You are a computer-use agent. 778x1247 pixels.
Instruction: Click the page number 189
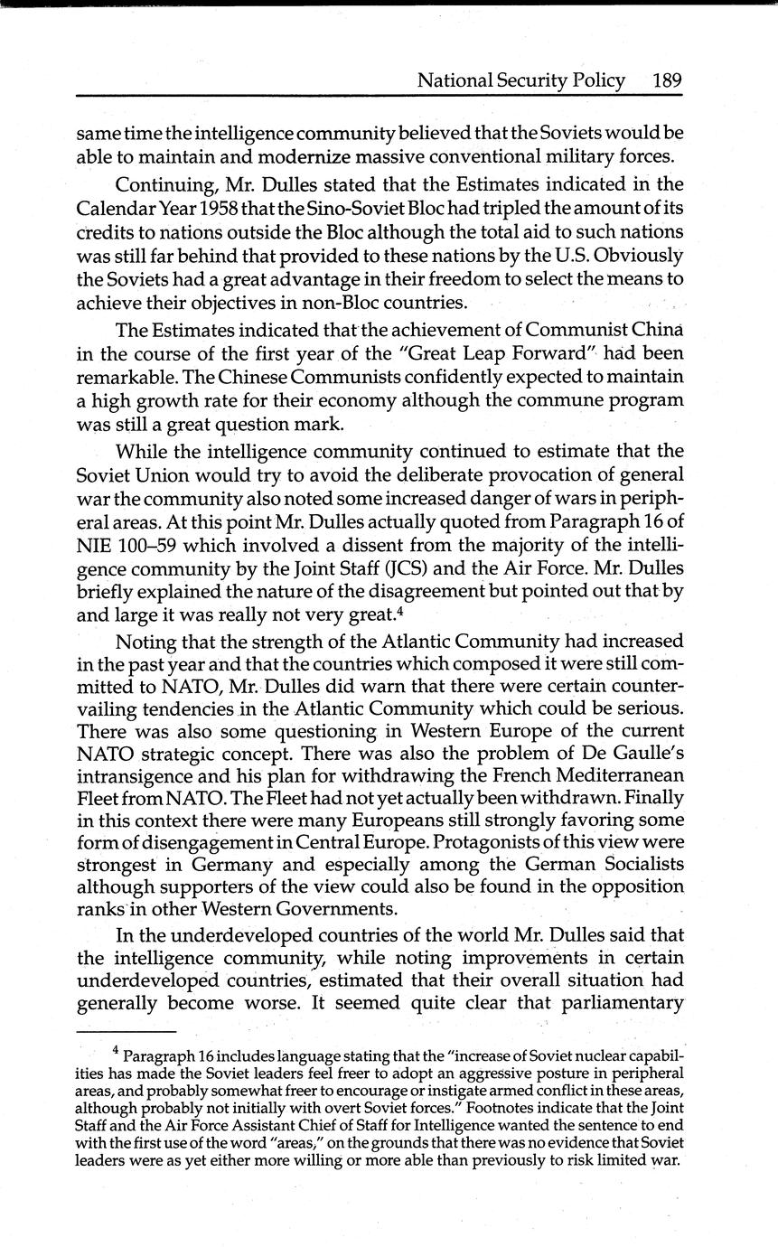(x=666, y=80)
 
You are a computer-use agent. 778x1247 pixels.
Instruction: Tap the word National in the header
(x=453, y=80)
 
